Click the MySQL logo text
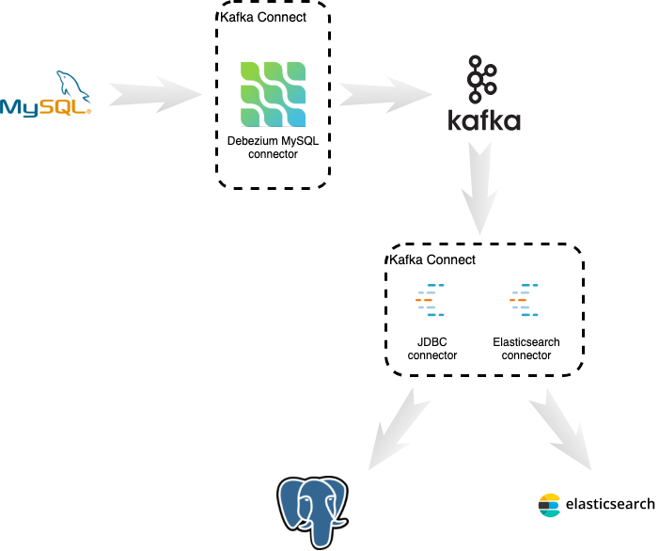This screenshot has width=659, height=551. point(44,107)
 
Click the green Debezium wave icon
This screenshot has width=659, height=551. point(273,94)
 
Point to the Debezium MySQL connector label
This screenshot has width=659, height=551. point(274,148)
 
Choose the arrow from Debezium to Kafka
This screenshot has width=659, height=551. point(385,94)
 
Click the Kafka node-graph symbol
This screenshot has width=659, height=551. point(482,79)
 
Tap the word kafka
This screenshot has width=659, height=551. point(483,121)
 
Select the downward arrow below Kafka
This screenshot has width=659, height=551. point(479,189)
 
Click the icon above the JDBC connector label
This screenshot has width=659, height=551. point(431,300)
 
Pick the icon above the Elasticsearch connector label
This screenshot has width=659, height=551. point(526,300)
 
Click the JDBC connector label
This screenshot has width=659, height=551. point(432,349)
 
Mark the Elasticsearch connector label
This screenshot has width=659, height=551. point(526,349)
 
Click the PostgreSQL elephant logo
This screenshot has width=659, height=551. point(312,512)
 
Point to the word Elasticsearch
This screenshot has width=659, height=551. point(526,342)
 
